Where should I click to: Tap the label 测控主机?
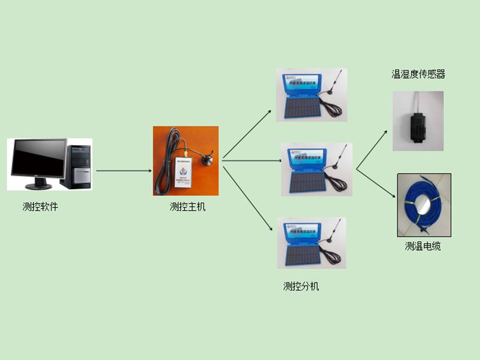click(x=187, y=207)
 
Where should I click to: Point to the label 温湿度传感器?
click(x=418, y=74)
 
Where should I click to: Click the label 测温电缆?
click(x=423, y=246)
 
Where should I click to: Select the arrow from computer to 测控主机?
click(x=123, y=170)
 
